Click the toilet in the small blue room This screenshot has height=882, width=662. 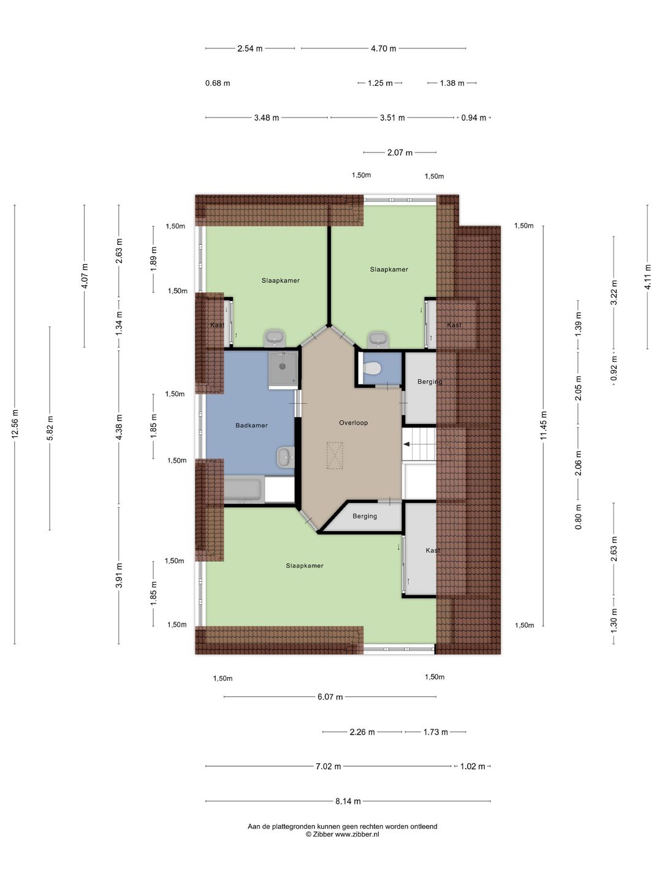point(372,367)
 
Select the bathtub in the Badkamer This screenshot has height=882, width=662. point(243,489)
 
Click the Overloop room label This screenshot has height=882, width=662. point(353,423)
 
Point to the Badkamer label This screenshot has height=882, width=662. point(251,425)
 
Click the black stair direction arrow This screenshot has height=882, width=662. point(407,444)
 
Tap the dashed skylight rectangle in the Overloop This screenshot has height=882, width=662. point(335,456)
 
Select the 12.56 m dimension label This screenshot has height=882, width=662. point(15,424)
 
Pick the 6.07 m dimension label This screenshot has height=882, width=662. point(330,697)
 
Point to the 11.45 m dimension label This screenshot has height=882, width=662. point(544,425)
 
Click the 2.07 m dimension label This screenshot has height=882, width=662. point(400,153)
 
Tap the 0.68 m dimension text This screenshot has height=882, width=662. point(218,83)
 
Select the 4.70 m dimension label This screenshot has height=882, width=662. point(384,48)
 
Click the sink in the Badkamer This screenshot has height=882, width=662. point(286,458)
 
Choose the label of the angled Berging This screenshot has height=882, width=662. point(365,516)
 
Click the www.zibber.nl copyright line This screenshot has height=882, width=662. point(342,834)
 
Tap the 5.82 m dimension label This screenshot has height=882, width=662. point(50,428)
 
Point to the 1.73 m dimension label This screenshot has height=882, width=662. point(435,732)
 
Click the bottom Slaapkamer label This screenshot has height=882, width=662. point(305,566)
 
